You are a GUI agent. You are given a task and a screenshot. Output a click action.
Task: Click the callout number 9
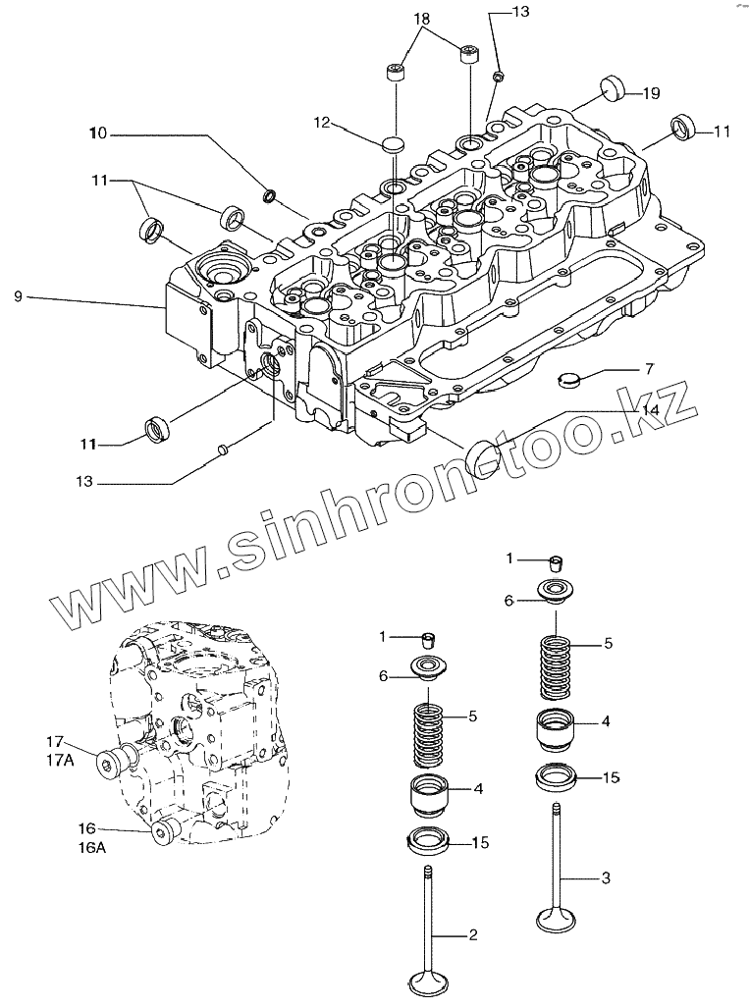pos(18,295)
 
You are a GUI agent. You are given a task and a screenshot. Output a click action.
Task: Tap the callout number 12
pos(323,123)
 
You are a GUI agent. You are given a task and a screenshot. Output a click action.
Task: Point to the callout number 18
pos(421,19)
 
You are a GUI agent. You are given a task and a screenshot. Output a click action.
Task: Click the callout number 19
pos(651,93)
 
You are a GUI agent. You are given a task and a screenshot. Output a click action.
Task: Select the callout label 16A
pos(89,847)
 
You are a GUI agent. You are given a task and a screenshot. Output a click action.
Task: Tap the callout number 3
pos(606,877)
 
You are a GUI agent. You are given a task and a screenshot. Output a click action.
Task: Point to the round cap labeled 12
pos(393,144)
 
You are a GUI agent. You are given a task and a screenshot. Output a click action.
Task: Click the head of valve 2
pos(427,981)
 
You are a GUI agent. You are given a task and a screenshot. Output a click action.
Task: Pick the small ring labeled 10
pos(270,197)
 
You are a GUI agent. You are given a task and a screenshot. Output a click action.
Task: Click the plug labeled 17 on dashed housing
pos(112,762)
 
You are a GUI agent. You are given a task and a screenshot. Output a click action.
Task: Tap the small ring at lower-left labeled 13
pos(224,451)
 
